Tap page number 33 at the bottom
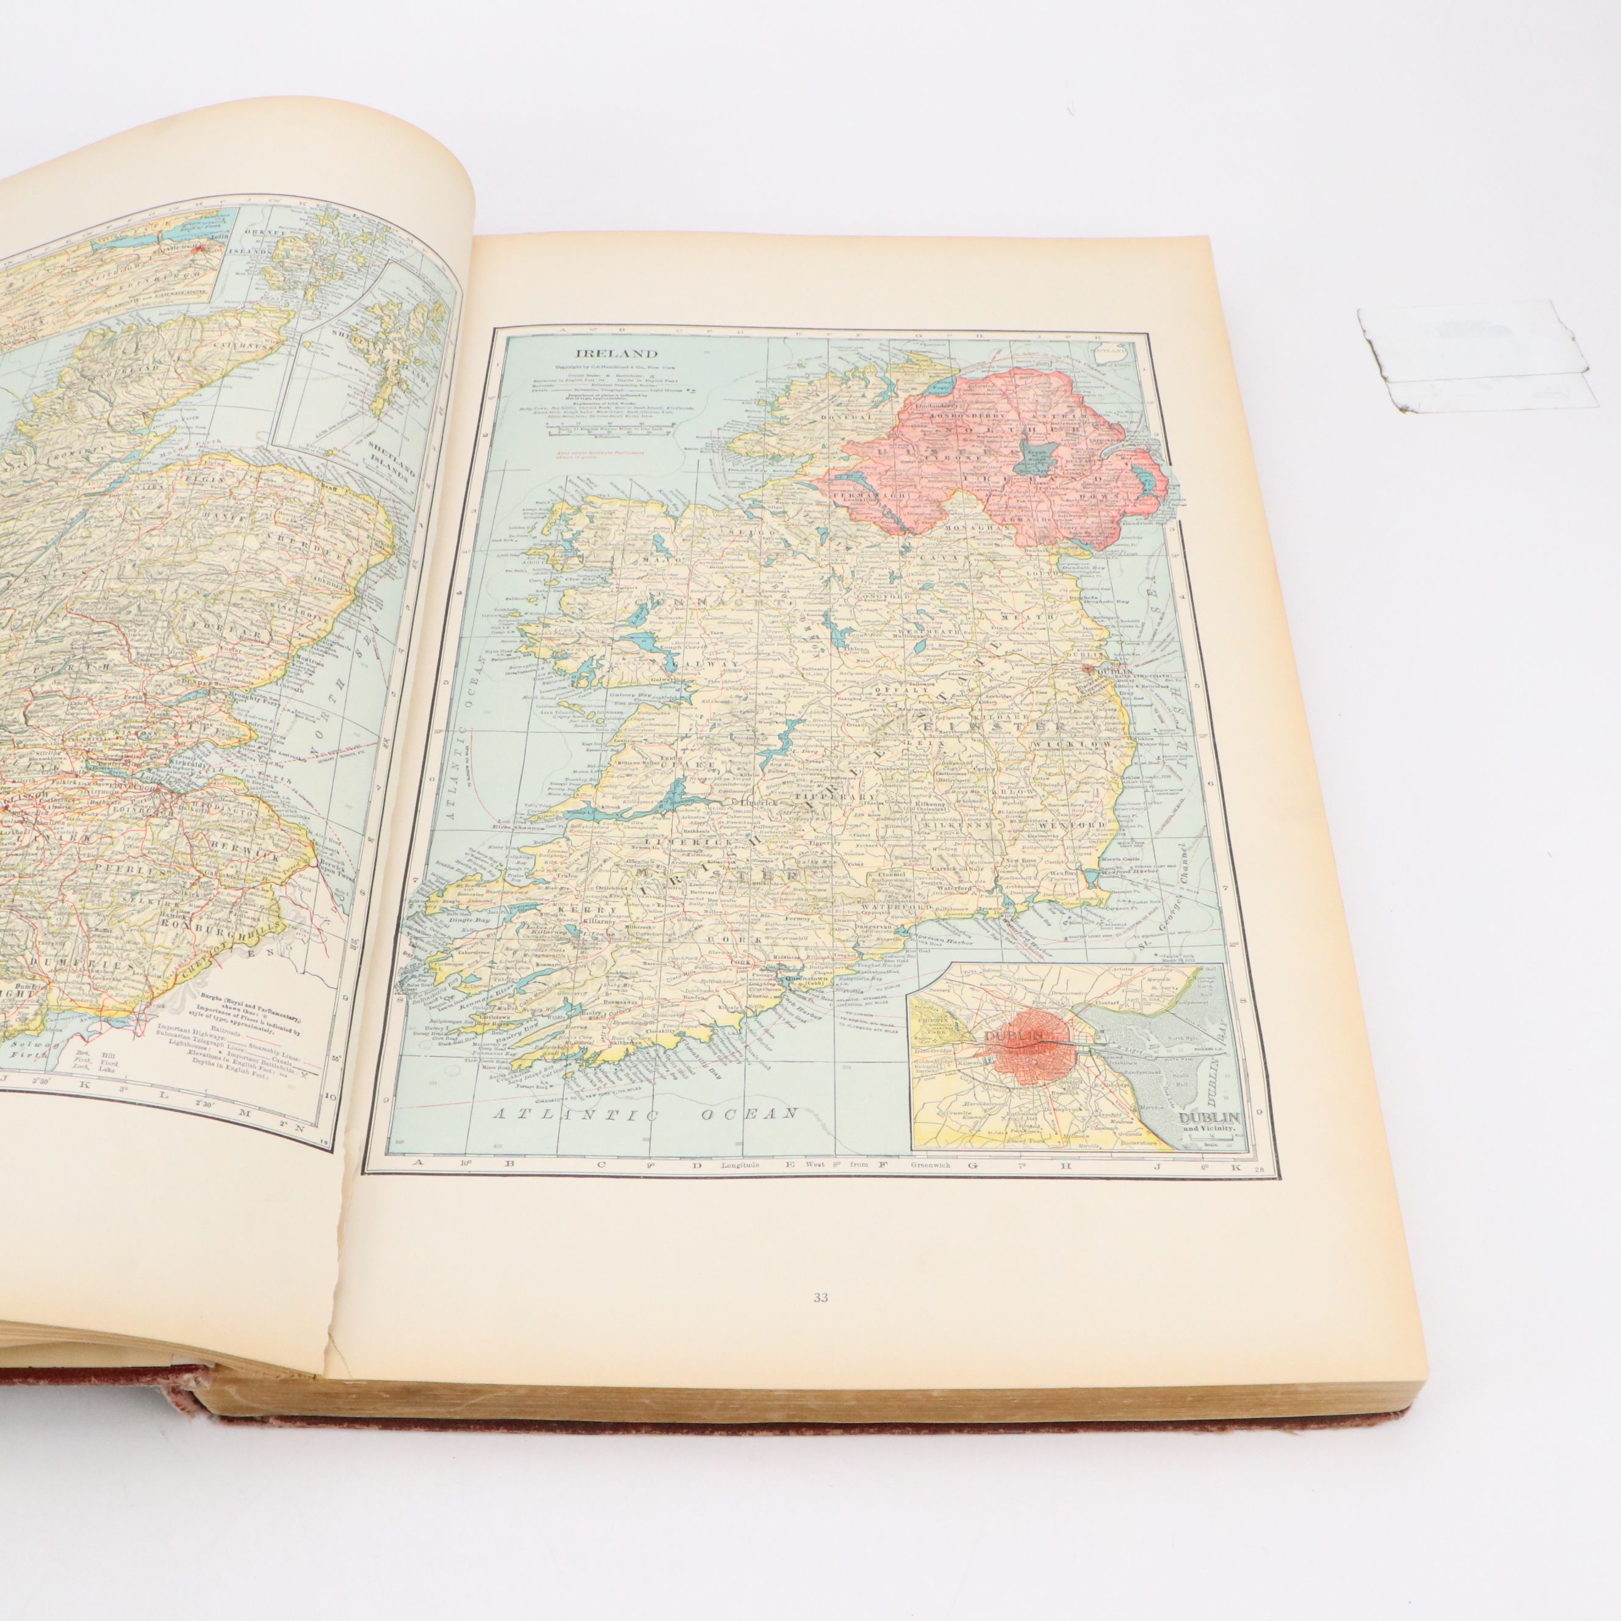(x=820, y=1298)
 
